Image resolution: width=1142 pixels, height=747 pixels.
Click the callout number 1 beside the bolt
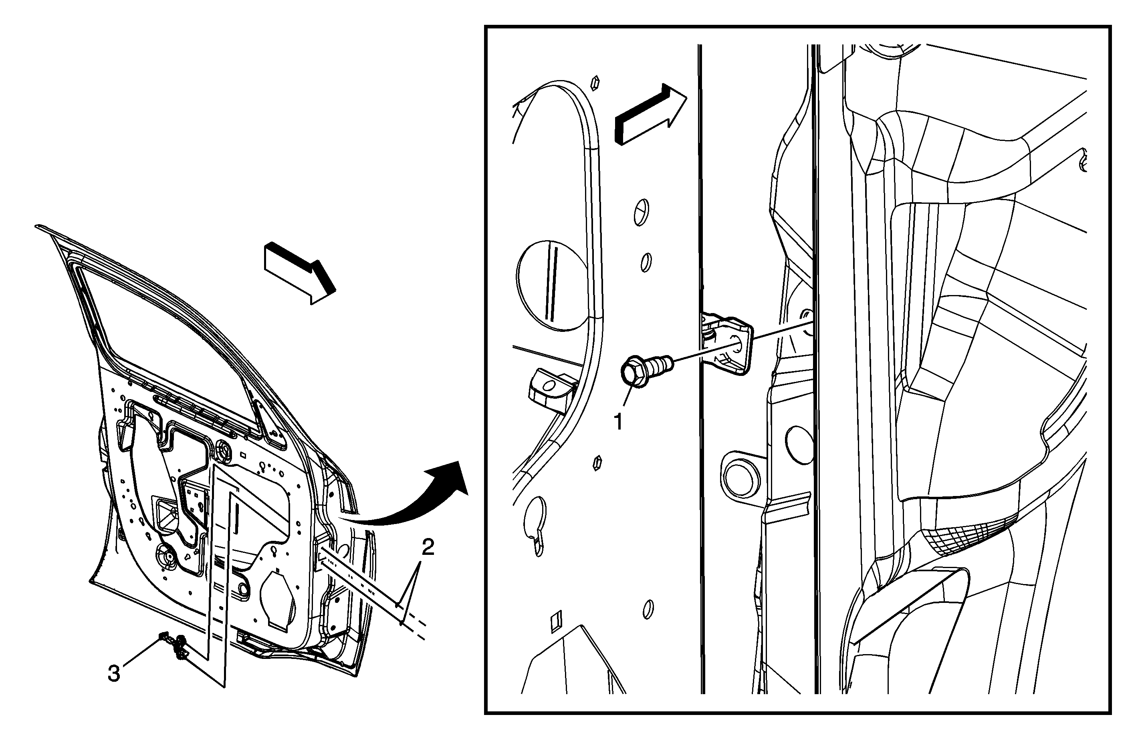click(619, 422)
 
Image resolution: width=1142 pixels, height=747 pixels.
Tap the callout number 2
click(428, 547)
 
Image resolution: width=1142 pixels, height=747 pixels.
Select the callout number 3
click(114, 674)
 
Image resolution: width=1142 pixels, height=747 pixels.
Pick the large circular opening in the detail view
click(552, 286)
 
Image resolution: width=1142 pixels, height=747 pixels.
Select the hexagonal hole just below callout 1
click(598, 463)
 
